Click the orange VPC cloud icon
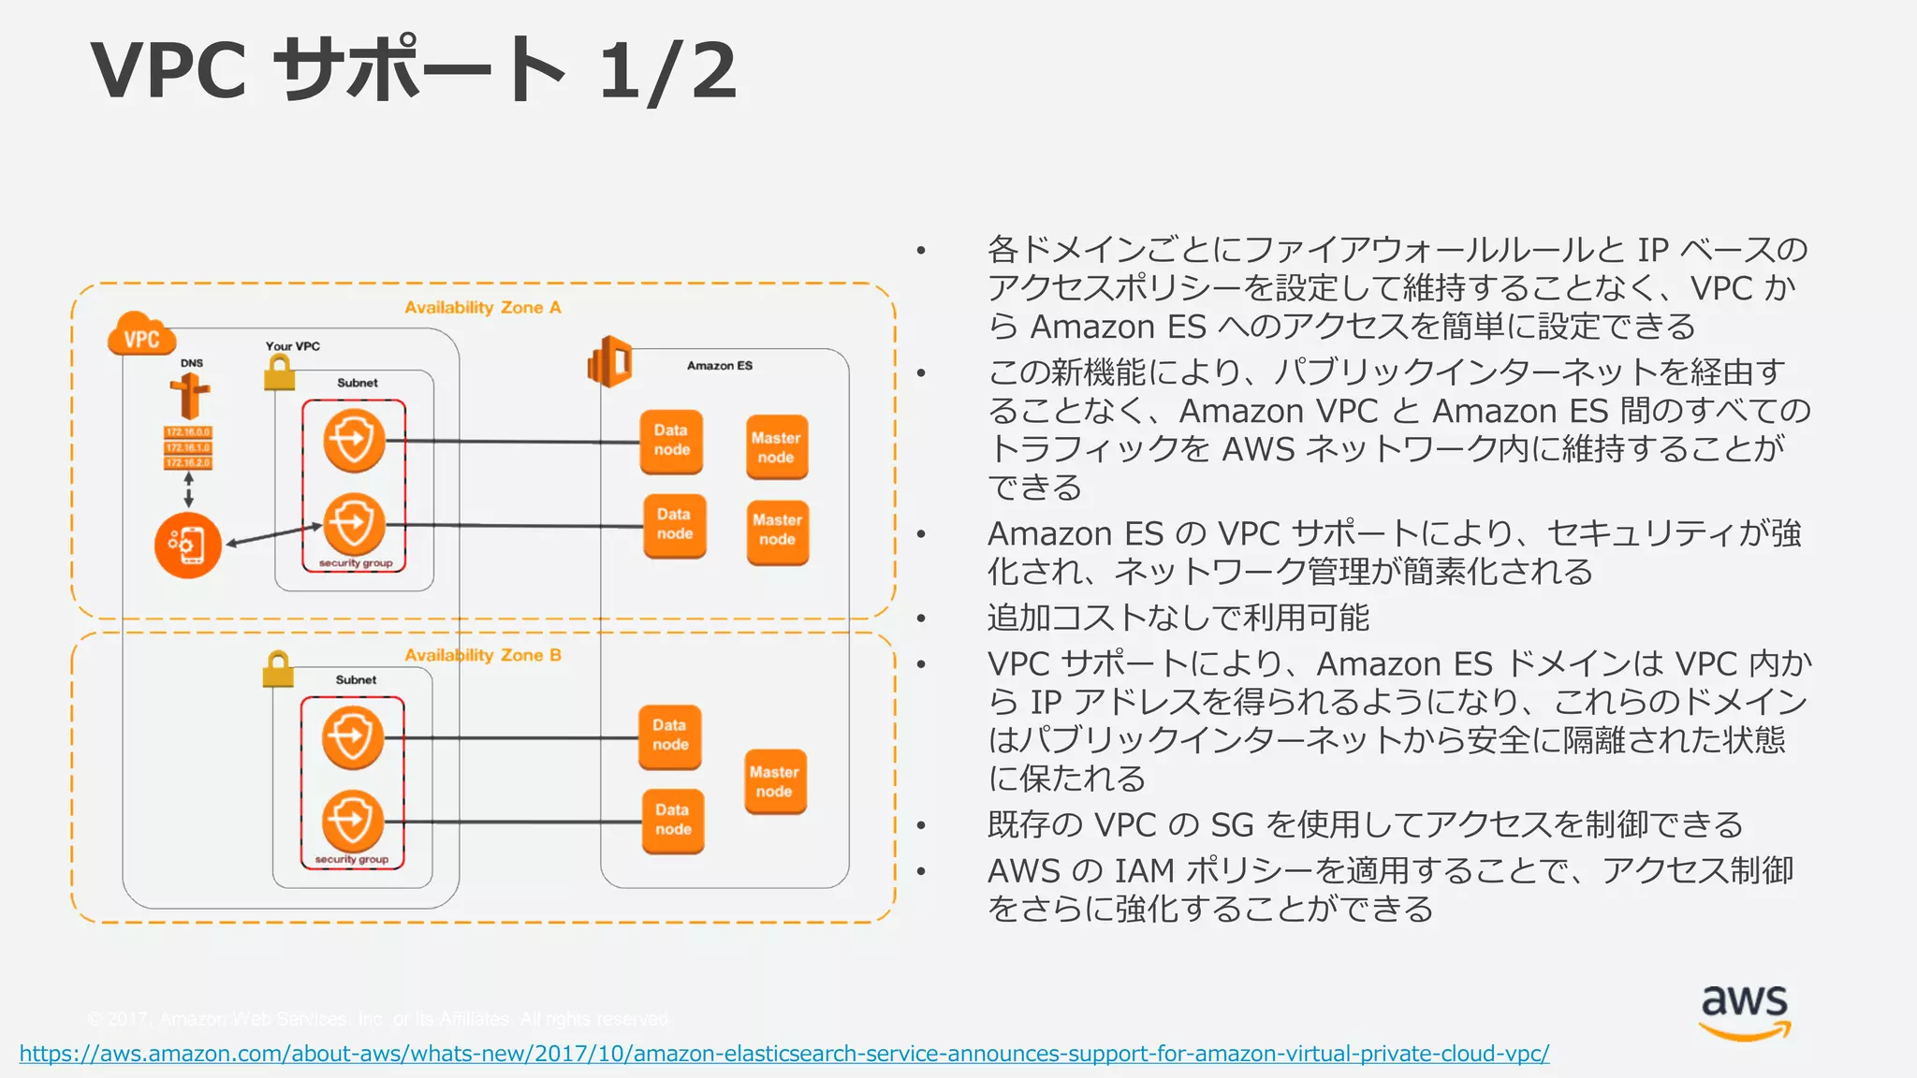click(x=142, y=335)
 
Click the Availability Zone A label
click(x=482, y=308)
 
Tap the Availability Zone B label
click(x=482, y=655)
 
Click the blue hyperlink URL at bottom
click(x=783, y=1054)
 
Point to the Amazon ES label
click(x=719, y=366)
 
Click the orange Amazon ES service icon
click(x=610, y=361)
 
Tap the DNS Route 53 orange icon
click(x=190, y=396)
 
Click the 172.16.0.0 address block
click(x=188, y=432)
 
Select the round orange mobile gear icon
click(x=188, y=545)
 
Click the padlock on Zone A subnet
click(x=279, y=374)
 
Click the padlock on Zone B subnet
click(x=278, y=669)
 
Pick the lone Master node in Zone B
click(x=775, y=781)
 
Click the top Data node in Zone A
click(x=671, y=441)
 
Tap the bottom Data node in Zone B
click(x=673, y=821)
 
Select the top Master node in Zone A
click(x=776, y=447)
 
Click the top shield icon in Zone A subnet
click(x=354, y=440)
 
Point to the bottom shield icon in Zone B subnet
click(x=352, y=821)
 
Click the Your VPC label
click(x=292, y=346)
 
